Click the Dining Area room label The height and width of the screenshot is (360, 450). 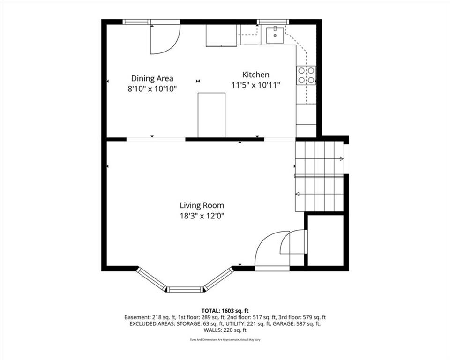152,78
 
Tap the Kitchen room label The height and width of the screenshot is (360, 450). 255,75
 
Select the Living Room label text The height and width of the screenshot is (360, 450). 202,205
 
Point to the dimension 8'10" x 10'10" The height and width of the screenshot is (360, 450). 152,89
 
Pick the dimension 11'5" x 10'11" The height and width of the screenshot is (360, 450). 255,85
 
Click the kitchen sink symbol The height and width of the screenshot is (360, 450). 275,35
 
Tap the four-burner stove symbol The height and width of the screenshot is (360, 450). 306,75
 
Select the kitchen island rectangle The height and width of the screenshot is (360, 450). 211,115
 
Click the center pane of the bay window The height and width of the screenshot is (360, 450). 185,289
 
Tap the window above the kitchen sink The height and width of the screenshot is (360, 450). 273,22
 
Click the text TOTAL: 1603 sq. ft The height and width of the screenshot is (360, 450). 225,310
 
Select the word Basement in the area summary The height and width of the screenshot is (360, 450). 135,317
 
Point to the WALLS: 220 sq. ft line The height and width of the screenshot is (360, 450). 225,330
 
